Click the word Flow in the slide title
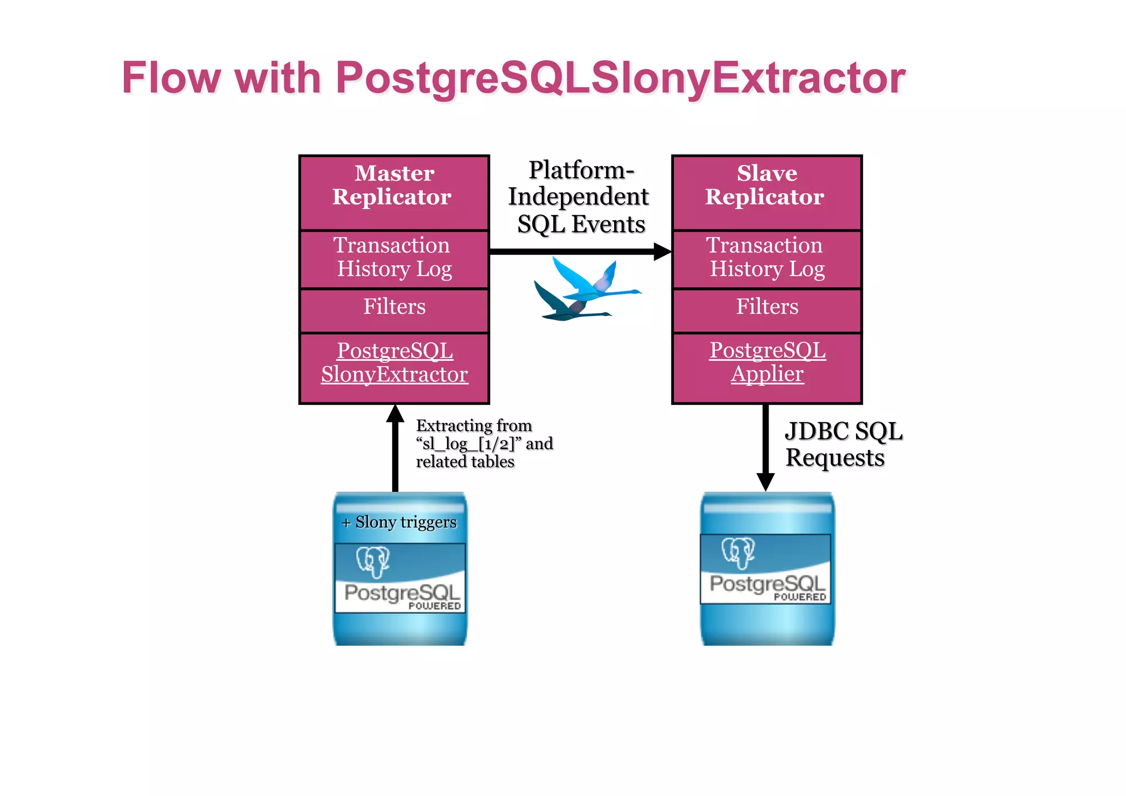click(x=171, y=78)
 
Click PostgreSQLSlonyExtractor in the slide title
click(x=620, y=78)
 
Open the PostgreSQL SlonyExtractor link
click(x=394, y=363)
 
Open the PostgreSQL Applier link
click(x=767, y=363)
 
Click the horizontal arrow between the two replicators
click(x=577, y=251)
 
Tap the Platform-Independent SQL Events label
click(x=579, y=197)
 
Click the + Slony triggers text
click(x=400, y=522)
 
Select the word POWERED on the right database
click(x=799, y=597)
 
